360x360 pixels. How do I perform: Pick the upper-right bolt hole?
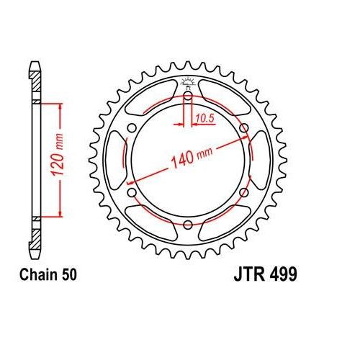(243, 129)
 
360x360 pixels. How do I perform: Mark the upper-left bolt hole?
(132, 129)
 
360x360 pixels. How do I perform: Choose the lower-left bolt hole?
(132, 193)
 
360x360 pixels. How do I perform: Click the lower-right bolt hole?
(243, 193)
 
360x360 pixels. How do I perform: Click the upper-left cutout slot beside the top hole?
(152, 100)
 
